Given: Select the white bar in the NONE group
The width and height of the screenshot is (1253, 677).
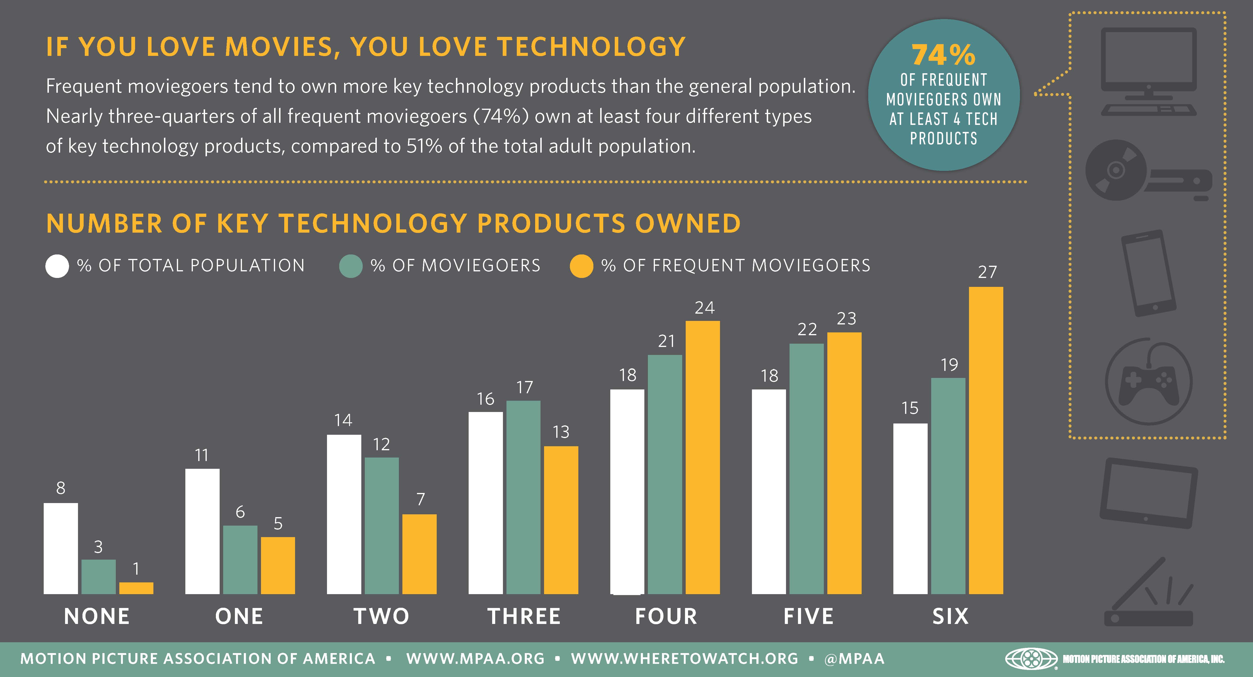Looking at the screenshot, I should (x=61, y=548).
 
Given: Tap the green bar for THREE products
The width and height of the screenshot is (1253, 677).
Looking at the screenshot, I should (x=523, y=497).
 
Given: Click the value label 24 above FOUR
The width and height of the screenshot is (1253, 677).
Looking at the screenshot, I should (x=704, y=308).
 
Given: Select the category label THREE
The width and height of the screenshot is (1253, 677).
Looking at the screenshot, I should (x=524, y=616).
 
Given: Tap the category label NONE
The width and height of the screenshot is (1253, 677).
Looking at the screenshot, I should (x=97, y=616).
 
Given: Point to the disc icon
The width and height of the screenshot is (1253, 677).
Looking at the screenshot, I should (x=1116, y=170).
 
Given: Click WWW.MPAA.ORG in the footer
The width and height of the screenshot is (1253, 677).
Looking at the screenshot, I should (x=475, y=658).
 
